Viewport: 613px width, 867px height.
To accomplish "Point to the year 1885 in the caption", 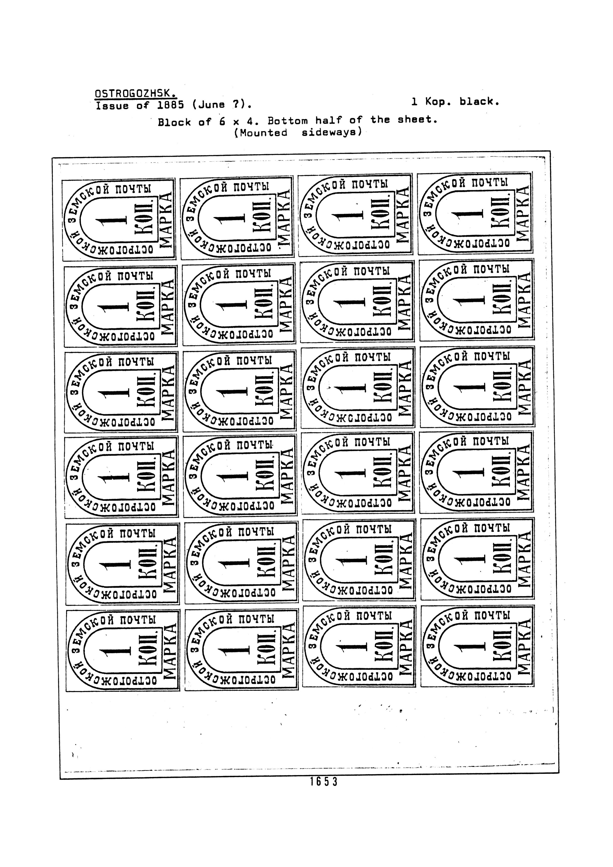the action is tap(171, 105).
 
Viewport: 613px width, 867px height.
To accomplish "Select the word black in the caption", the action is tap(479, 101).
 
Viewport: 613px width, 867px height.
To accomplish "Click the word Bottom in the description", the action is tap(288, 121).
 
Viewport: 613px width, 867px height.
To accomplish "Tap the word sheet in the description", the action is tap(417, 120).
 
